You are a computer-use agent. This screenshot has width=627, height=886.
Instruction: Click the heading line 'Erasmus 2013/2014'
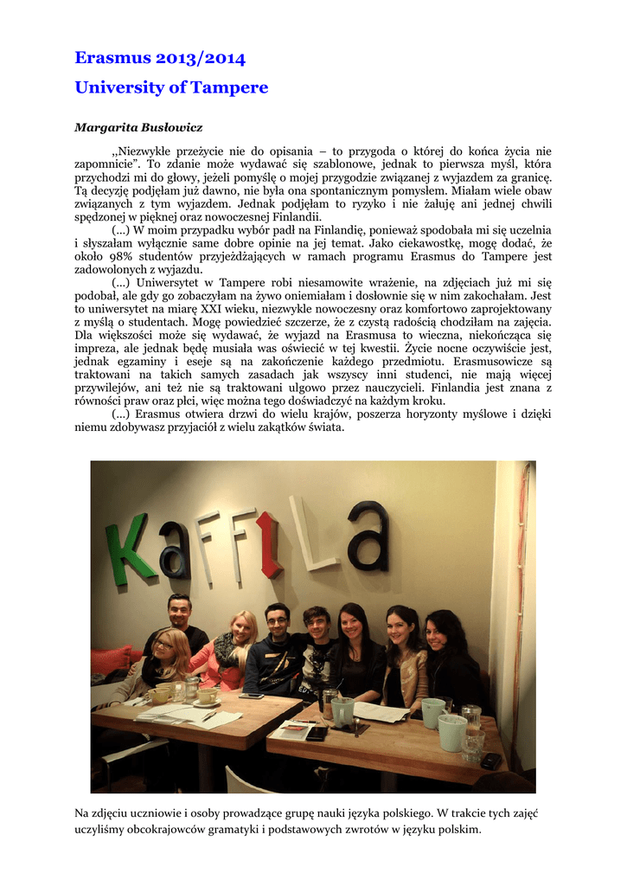(160, 59)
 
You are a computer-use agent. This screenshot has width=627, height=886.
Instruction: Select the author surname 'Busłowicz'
(171, 128)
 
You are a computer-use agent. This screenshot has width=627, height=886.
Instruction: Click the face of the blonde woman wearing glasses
(166, 647)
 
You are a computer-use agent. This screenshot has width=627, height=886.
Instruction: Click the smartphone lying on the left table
(252, 696)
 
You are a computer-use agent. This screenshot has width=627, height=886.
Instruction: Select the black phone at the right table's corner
(491, 761)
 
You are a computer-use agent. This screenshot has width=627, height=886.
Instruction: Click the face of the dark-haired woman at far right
(436, 635)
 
